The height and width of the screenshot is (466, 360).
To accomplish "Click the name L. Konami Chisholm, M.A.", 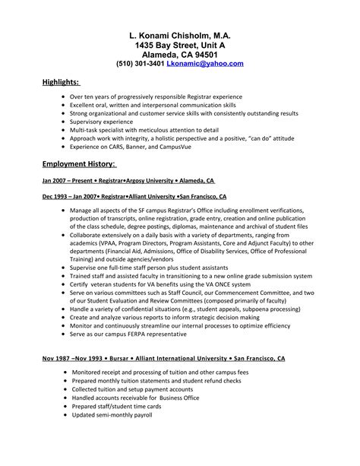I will (x=179, y=35).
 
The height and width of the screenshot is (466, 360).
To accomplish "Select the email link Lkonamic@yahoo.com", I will (x=205, y=65).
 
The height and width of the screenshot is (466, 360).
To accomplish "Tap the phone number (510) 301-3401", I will (x=140, y=65).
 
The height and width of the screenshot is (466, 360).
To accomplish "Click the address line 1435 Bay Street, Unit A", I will (x=179, y=46).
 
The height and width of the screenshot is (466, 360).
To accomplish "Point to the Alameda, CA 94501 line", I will (x=179, y=55).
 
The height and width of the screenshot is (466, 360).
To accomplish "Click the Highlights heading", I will (x=61, y=82).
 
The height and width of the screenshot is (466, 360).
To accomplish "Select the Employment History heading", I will (x=78, y=164).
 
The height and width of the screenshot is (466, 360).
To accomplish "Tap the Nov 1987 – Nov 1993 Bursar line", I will (x=164, y=357).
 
